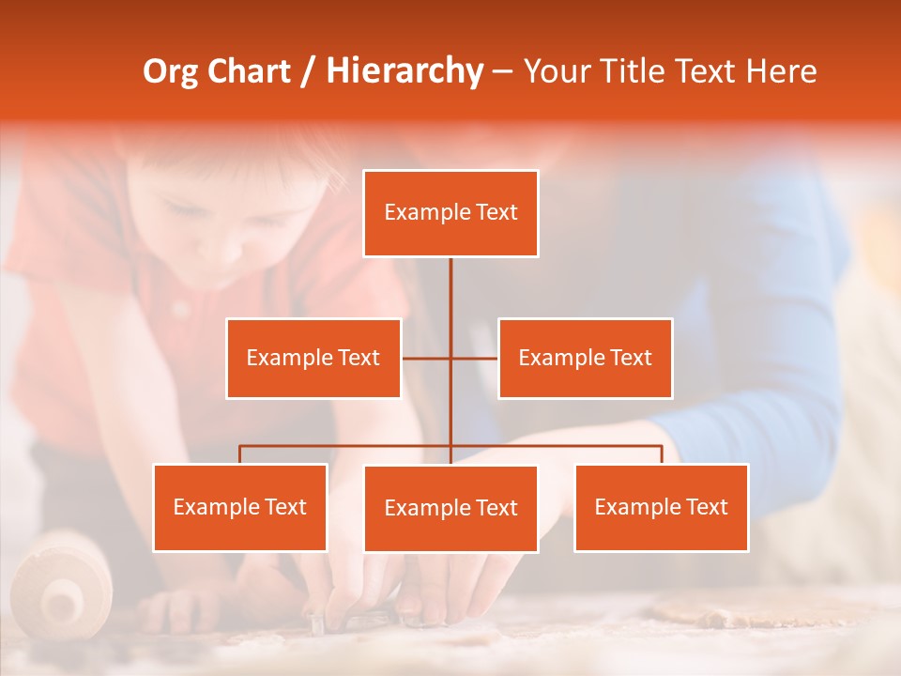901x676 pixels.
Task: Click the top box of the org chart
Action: click(x=450, y=213)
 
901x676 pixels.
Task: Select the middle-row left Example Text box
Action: click(x=313, y=358)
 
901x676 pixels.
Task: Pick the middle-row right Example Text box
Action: click(x=585, y=358)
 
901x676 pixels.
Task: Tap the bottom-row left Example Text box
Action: click(x=240, y=507)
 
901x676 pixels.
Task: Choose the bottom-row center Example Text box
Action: click(x=450, y=508)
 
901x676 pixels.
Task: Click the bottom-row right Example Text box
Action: click(x=661, y=507)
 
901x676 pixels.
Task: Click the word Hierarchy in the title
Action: click(x=405, y=71)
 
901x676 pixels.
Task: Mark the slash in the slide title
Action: click(x=308, y=71)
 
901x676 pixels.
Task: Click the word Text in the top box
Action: click(x=496, y=212)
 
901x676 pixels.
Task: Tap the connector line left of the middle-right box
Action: click(x=475, y=358)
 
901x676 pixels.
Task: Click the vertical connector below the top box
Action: click(x=450, y=300)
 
